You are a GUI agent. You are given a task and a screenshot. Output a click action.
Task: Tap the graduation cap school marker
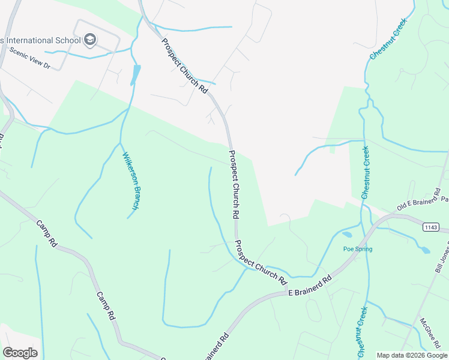[x=90, y=40]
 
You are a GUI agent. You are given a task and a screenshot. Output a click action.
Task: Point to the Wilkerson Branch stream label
[x=131, y=181]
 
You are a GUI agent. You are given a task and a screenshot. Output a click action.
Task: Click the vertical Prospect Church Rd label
[x=234, y=184]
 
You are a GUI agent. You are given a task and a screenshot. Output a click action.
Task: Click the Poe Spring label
[x=358, y=249]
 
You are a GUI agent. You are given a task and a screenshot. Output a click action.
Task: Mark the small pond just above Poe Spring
[x=348, y=235]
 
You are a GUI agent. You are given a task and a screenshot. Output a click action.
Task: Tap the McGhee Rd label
[x=431, y=334]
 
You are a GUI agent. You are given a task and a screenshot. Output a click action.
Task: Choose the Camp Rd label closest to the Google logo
[x=106, y=307]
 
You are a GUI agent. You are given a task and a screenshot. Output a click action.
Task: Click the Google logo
[x=20, y=353]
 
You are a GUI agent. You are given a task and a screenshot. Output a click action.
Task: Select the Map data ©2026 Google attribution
[x=412, y=355]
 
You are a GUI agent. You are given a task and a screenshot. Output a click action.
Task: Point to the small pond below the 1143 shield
[x=424, y=249]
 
